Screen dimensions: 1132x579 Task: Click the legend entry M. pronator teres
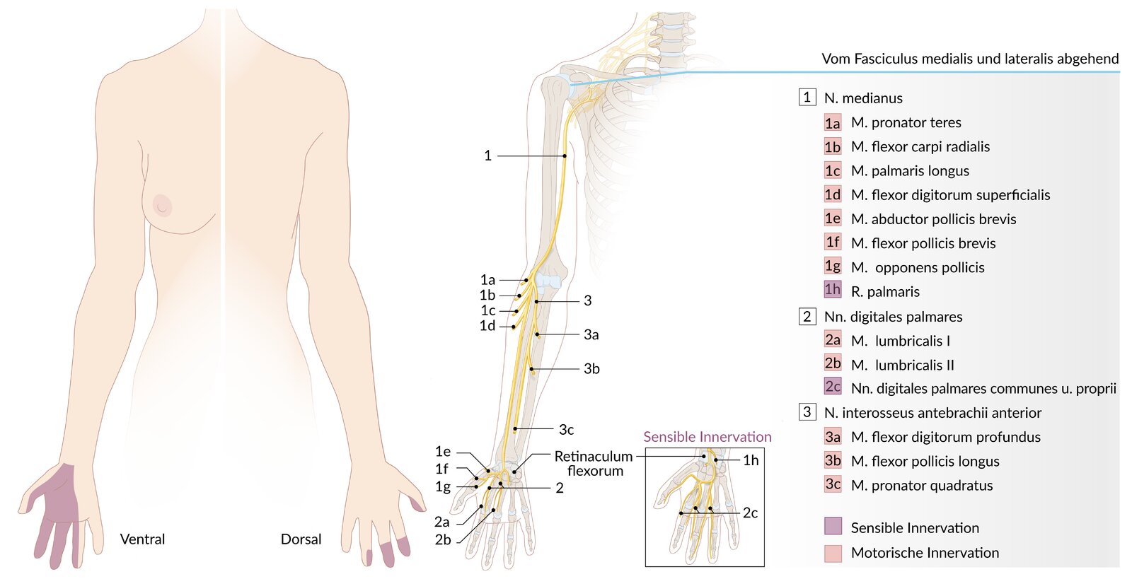[906, 123]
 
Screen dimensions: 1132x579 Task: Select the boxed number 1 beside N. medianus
[807, 97]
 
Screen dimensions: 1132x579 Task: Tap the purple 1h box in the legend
[832, 290]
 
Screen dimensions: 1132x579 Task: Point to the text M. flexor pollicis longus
[925, 462]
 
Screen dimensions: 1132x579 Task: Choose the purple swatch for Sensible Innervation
[833, 525]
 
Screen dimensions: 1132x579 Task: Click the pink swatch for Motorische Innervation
[833, 554]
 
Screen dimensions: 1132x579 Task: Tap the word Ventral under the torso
[142, 539]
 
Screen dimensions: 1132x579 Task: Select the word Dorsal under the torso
[301, 539]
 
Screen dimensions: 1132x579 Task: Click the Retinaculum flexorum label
[594, 463]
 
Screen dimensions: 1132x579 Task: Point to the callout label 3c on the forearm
[566, 430]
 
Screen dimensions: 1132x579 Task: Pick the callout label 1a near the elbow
[487, 280]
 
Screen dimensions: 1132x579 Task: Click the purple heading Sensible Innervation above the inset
[707, 437]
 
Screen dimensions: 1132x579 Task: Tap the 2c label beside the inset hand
[750, 513]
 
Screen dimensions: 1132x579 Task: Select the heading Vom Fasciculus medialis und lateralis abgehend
[970, 59]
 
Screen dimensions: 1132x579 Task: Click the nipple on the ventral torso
[162, 206]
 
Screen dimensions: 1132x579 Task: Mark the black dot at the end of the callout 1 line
[565, 156]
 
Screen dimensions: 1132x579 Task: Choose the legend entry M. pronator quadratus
[922, 486]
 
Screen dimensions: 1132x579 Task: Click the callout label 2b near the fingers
[443, 539]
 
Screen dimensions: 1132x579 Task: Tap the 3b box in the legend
[833, 460]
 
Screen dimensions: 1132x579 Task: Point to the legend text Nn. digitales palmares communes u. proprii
[983, 389]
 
